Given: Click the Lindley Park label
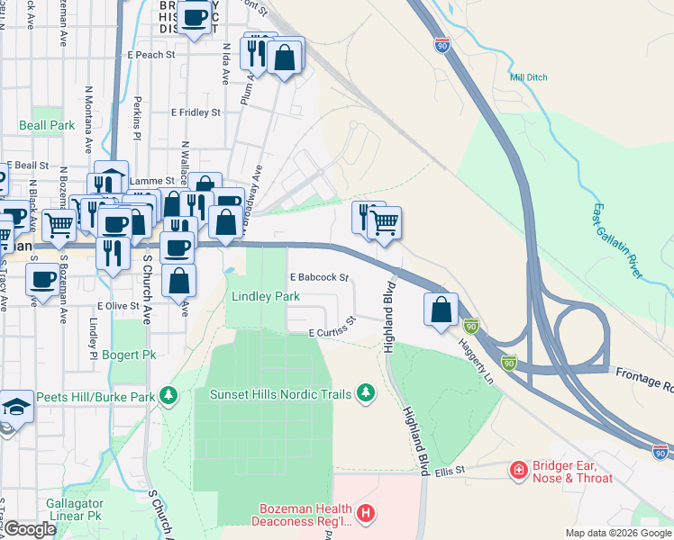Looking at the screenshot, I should tap(265, 296).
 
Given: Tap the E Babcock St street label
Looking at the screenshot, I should tap(318, 278).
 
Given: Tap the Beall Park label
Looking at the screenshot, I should tap(47, 126).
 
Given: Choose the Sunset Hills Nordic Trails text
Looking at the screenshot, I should tap(280, 394).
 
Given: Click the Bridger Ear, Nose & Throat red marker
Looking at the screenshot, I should tap(518, 470).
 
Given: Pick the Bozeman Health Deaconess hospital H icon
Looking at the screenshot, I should tap(365, 514).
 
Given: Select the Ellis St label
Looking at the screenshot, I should tap(448, 471).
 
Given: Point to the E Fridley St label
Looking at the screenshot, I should tap(196, 112).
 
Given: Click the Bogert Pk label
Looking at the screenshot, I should tap(129, 355).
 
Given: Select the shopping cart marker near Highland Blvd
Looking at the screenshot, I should tap(385, 221).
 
